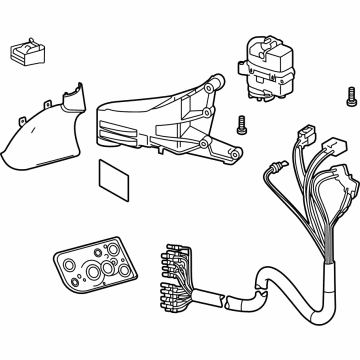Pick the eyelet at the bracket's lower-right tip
tap(236, 158)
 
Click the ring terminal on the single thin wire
tap(267, 166)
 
